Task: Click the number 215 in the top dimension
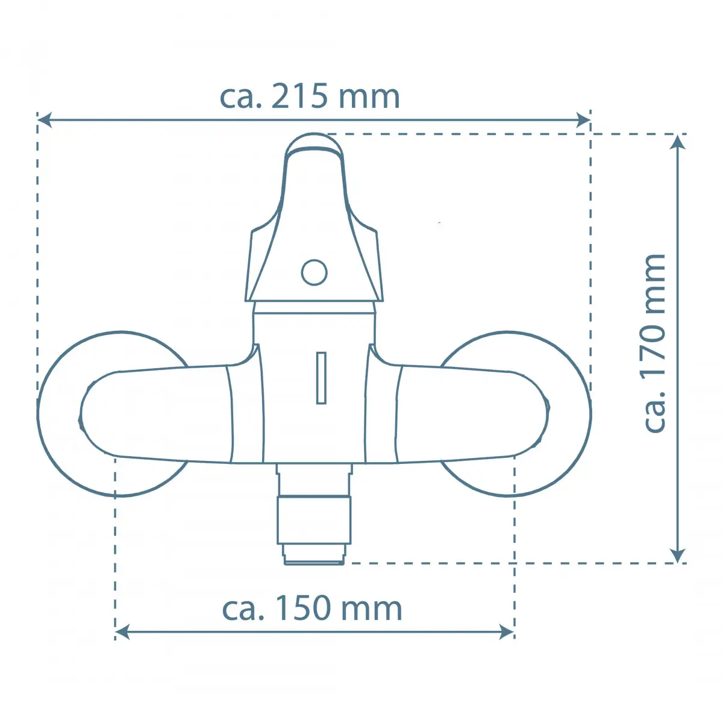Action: click(299, 97)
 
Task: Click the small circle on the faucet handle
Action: click(314, 272)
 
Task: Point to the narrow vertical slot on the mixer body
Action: click(321, 378)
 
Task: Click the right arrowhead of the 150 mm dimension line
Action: click(507, 632)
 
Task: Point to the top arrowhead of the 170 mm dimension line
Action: click(678, 142)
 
